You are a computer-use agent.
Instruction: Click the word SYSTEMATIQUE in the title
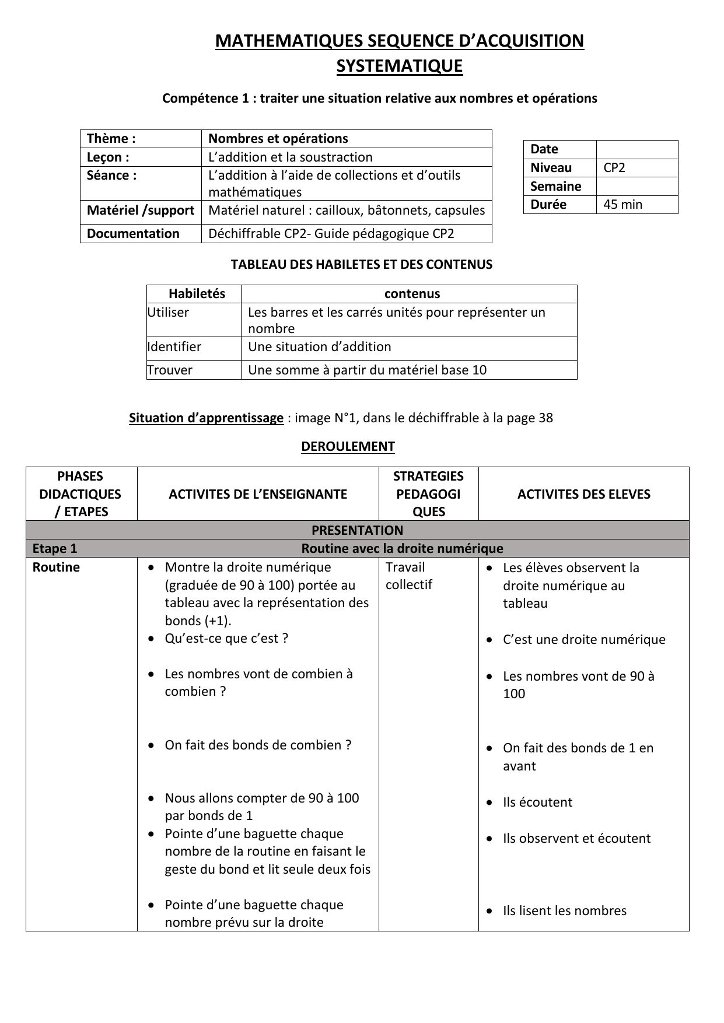click(399, 66)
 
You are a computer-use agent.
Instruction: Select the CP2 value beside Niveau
click(614, 168)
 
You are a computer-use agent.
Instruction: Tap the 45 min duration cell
click(622, 205)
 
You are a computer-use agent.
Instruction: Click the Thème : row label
click(111, 139)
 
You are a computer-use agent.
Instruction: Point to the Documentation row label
click(133, 234)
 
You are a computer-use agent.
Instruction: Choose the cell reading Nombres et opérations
click(278, 139)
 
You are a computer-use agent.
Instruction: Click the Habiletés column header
click(197, 294)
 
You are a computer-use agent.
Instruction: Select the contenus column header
click(412, 294)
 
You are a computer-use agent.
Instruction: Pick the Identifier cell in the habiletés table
click(174, 347)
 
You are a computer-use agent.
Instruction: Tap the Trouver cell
click(170, 370)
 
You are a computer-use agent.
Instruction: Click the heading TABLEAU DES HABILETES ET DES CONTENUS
click(362, 265)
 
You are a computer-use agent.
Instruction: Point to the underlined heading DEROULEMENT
click(348, 447)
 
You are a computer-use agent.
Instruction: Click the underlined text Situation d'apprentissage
click(206, 418)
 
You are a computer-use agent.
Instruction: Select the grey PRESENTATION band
click(357, 530)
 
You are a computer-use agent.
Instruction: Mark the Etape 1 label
click(55, 549)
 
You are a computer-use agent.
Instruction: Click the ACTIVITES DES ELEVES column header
click(583, 494)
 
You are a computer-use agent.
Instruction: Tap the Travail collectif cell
click(408, 576)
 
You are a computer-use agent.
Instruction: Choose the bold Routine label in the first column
click(56, 567)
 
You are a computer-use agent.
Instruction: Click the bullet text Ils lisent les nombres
click(564, 911)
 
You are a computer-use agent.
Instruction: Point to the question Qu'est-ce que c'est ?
click(226, 639)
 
